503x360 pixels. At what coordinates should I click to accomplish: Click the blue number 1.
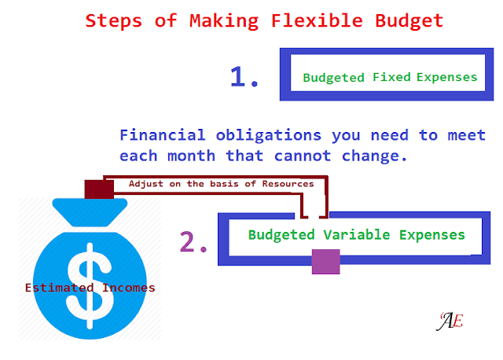pyautogui.click(x=244, y=77)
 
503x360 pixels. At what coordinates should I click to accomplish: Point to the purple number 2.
pyautogui.click(x=193, y=244)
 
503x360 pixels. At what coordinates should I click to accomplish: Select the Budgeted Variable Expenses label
pyautogui.click(x=356, y=234)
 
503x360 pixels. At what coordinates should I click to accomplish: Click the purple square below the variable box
pyautogui.click(x=325, y=261)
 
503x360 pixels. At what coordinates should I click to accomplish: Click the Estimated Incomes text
pyautogui.click(x=90, y=288)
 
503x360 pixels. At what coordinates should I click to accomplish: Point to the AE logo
pyautogui.click(x=450, y=321)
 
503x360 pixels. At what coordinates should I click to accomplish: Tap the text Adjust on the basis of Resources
pyautogui.click(x=221, y=183)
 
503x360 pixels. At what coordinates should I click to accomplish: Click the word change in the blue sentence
pyautogui.click(x=378, y=156)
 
